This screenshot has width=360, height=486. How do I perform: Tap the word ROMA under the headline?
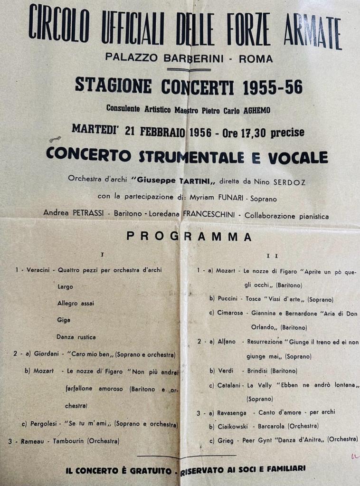pos(256,59)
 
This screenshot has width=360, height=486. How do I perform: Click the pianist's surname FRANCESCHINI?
pos(209,214)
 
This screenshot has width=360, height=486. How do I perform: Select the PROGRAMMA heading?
pos(189,236)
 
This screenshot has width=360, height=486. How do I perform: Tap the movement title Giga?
pos(64,320)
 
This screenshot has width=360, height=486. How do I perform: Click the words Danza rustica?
pos(76,337)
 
